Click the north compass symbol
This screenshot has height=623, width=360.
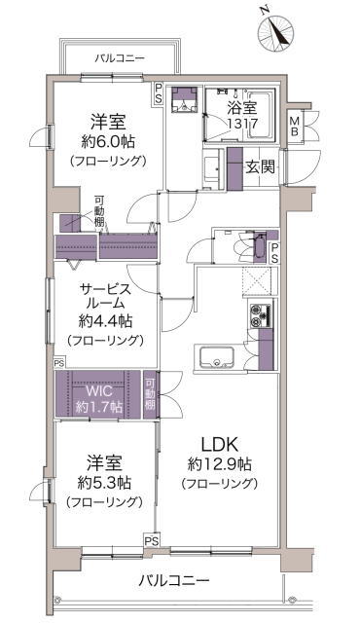point(276,31)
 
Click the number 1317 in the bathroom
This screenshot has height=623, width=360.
point(243,124)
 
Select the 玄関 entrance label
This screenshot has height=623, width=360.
point(260,166)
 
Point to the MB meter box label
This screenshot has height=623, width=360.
point(294,126)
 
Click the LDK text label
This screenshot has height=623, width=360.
point(220,445)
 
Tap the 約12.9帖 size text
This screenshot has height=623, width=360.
point(220,463)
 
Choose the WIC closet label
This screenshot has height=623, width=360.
point(99,391)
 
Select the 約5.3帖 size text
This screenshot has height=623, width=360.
point(104,483)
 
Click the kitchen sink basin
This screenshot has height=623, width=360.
point(216,357)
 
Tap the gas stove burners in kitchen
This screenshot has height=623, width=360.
point(261,315)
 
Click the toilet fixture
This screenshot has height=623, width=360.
point(259,247)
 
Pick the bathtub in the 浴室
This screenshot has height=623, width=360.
point(261,115)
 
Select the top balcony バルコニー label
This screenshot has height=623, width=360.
point(120,58)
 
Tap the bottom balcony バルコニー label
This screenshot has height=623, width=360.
point(174,581)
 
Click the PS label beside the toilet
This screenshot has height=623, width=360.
point(274,253)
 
